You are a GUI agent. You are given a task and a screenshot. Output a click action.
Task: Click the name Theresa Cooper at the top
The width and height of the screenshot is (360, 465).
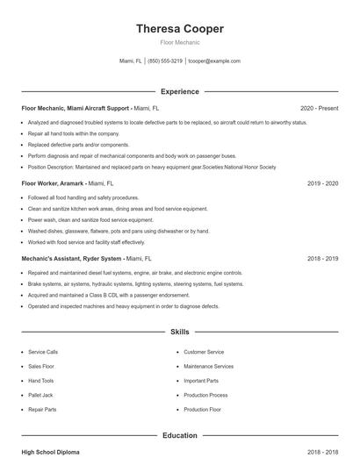tap(179, 29)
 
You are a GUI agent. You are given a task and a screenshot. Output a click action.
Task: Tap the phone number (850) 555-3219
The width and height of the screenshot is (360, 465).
tap(165, 61)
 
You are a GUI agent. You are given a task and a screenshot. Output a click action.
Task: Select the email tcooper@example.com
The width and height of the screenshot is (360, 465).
tap(214, 61)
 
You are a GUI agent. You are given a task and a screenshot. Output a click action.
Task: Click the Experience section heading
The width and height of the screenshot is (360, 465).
tap(179, 91)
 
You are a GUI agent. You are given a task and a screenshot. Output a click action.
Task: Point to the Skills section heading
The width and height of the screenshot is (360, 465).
tap(179, 333)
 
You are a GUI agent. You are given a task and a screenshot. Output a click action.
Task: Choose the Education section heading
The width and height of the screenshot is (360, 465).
tap(179, 435)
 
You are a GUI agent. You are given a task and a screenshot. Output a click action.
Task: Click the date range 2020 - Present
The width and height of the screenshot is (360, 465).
tap(319, 108)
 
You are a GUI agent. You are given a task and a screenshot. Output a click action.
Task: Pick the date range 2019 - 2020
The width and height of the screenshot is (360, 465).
tap(322, 184)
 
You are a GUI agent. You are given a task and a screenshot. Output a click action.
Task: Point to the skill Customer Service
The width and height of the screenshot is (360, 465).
tap(204, 352)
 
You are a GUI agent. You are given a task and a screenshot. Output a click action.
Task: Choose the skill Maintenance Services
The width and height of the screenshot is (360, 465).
tap(208, 366)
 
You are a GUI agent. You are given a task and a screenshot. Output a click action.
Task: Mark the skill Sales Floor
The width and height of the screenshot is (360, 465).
tap(41, 366)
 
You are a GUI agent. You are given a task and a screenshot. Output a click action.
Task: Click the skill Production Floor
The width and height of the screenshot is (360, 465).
tap(202, 410)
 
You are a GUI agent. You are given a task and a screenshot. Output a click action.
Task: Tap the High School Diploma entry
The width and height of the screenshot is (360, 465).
tap(51, 452)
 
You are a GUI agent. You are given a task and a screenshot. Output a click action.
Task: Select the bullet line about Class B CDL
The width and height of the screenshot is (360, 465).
tap(97, 296)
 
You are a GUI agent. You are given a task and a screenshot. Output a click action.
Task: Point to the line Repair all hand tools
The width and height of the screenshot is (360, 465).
tap(74, 133)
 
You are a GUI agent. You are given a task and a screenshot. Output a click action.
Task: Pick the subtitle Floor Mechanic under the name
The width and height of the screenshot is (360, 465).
tap(179, 42)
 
